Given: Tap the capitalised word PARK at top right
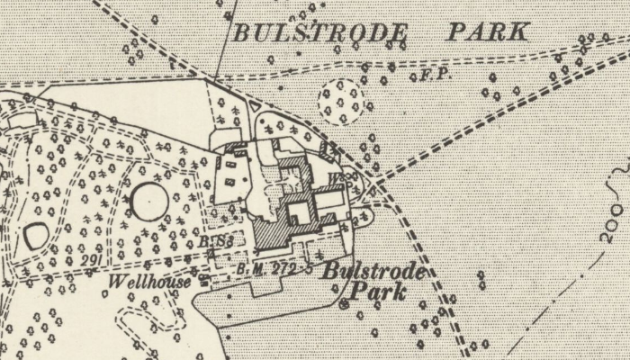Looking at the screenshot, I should tap(486, 33).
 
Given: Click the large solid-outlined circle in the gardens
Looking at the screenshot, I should tap(148, 198).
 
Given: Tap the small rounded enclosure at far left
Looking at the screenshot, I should tap(36, 237).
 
